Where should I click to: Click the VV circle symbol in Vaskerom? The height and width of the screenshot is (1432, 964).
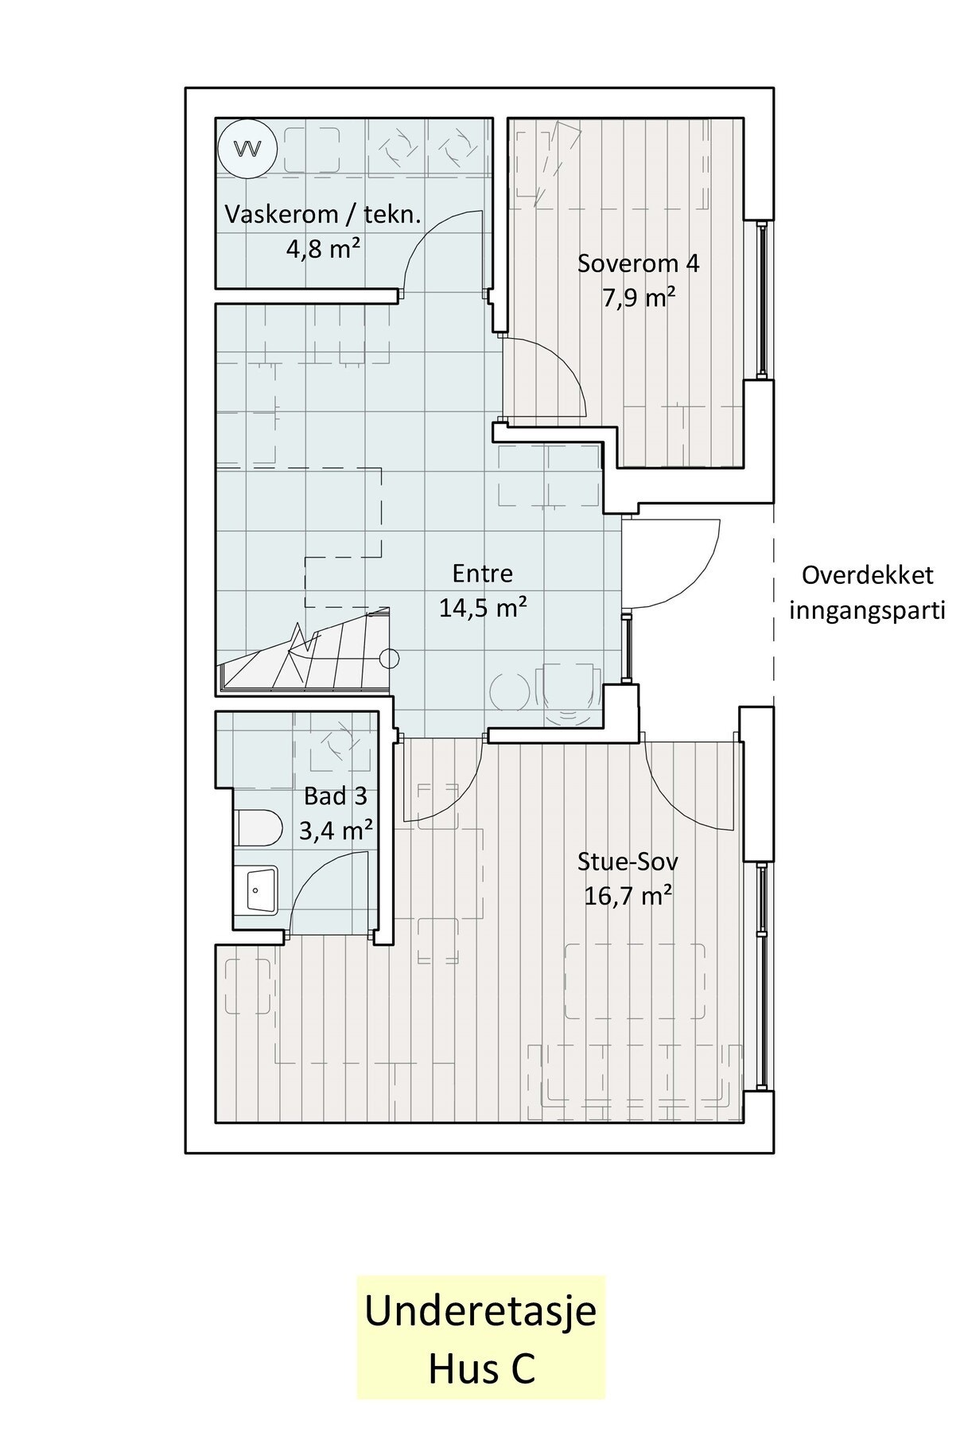pyautogui.click(x=247, y=148)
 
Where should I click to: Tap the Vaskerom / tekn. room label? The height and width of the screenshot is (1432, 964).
pyautogui.click(x=322, y=215)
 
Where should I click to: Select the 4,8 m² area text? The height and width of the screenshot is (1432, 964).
pyautogui.click(x=323, y=249)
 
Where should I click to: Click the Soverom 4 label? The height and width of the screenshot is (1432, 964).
pyautogui.click(x=638, y=263)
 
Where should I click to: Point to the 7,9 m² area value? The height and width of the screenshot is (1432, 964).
pyautogui.click(x=638, y=298)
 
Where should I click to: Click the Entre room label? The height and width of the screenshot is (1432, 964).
pyautogui.click(x=482, y=574)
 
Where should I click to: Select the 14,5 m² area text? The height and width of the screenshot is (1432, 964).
pyautogui.click(x=482, y=609)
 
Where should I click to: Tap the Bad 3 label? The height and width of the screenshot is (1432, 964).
pyautogui.click(x=336, y=796)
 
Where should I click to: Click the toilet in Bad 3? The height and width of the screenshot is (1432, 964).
pyautogui.click(x=258, y=828)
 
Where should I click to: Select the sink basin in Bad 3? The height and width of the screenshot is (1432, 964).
pyautogui.click(x=256, y=890)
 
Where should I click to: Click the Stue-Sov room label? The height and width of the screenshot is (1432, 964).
pyautogui.click(x=628, y=862)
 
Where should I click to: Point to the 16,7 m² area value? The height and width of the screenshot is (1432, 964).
pyautogui.click(x=628, y=897)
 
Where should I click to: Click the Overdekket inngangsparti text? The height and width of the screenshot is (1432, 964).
pyautogui.click(x=866, y=593)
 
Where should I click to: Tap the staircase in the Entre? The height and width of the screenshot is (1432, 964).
pyautogui.click(x=302, y=651)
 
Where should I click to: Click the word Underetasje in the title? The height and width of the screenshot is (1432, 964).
pyautogui.click(x=480, y=1310)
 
